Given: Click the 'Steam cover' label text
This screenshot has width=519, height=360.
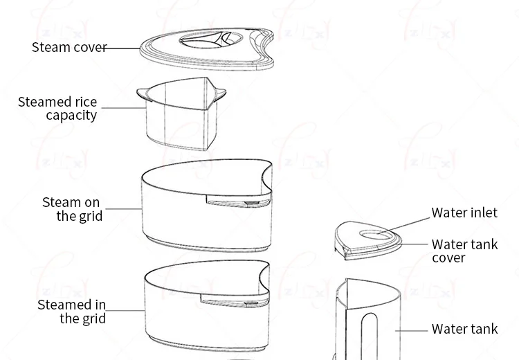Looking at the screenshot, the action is [x=69, y=47].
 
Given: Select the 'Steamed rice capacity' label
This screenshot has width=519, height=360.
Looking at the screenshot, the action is [x=57, y=108].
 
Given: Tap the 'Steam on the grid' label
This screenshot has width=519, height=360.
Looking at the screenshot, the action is [x=73, y=209].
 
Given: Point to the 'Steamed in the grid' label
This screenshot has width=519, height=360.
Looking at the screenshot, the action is [x=71, y=312].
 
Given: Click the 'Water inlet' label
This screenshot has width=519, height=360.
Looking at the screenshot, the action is [x=464, y=213].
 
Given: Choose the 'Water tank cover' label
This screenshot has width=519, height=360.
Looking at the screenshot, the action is [x=465, y=251].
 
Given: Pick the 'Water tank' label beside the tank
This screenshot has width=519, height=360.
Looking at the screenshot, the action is [x=465, y=329].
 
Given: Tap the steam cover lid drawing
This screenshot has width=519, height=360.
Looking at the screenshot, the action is [x=207, y=49].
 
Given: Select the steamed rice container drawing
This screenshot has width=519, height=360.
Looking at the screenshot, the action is [x=181, y=114].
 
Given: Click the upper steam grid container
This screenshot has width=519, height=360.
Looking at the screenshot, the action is [x=207, y=206].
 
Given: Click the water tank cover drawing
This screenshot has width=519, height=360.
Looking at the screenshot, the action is [x=368, y=241].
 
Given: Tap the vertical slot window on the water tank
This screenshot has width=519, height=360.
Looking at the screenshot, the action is [x=370, y=336].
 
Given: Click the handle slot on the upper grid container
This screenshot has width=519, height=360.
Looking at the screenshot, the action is [x=239, y=201].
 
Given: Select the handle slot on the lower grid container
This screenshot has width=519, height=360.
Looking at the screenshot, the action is [x=235, y=300].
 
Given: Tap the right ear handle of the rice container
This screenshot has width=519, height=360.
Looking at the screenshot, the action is [x=220, y=93].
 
